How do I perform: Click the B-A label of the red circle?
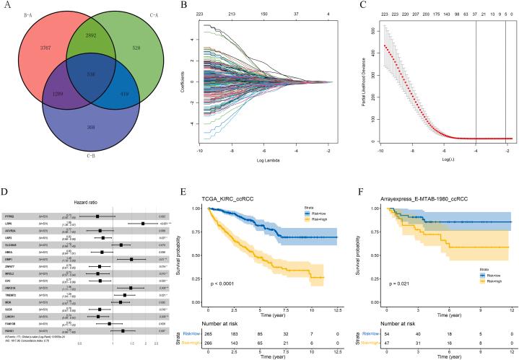click(x=30, y=12)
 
